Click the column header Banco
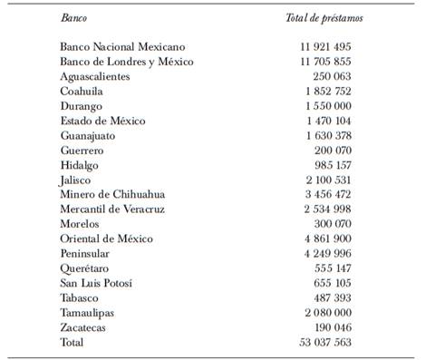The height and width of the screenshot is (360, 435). click(x=74, y=18)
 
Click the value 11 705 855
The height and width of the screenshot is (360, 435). click(x=319, y=62)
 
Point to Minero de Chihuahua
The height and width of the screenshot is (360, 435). click(x=113, y=194)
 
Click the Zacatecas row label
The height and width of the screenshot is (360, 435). click(x=89, y=327)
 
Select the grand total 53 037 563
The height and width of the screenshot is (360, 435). click(x=319, y=342)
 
